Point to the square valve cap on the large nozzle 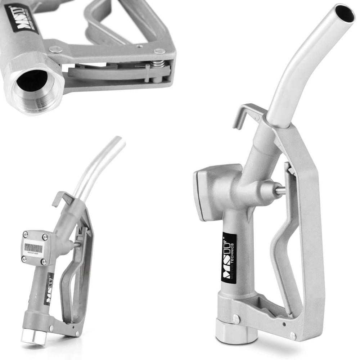(x=207, y=193)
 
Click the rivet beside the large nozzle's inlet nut (x=236, y=318)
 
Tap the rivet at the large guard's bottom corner (x=293, y=336)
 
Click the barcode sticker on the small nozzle (x=33, y=248)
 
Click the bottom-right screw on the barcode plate (x=43, y=262)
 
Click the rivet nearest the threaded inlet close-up (x=56, y=49)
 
